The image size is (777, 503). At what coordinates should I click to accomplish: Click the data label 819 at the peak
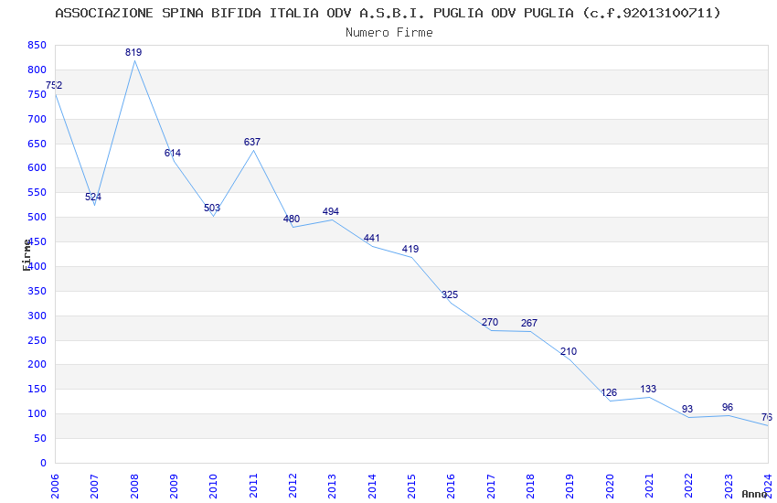[x=133, y=53]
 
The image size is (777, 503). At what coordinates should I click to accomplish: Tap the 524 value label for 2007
[x=93, y=198]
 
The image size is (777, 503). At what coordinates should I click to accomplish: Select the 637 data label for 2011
[x=252, y=143]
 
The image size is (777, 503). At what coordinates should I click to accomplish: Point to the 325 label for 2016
[x=450, y=295]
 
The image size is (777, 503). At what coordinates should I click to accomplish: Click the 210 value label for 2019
[x=569, y=352]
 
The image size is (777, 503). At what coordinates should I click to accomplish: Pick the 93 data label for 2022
[x=687, y=410]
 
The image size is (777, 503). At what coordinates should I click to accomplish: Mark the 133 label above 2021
[x=648, y=390]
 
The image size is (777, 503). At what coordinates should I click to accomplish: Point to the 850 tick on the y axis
[x=37, y=45]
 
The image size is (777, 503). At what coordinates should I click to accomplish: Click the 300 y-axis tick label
[x=37, y=316]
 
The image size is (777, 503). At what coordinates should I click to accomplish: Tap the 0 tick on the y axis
[x=43, y=463]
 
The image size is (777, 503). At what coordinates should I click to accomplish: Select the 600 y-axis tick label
[x=37, y=168]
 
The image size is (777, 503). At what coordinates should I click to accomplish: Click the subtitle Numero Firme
[x=389, y=33]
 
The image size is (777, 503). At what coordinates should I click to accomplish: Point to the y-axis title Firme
[x=27, y=254]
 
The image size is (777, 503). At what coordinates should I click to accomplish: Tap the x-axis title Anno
[x=754, y=494]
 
